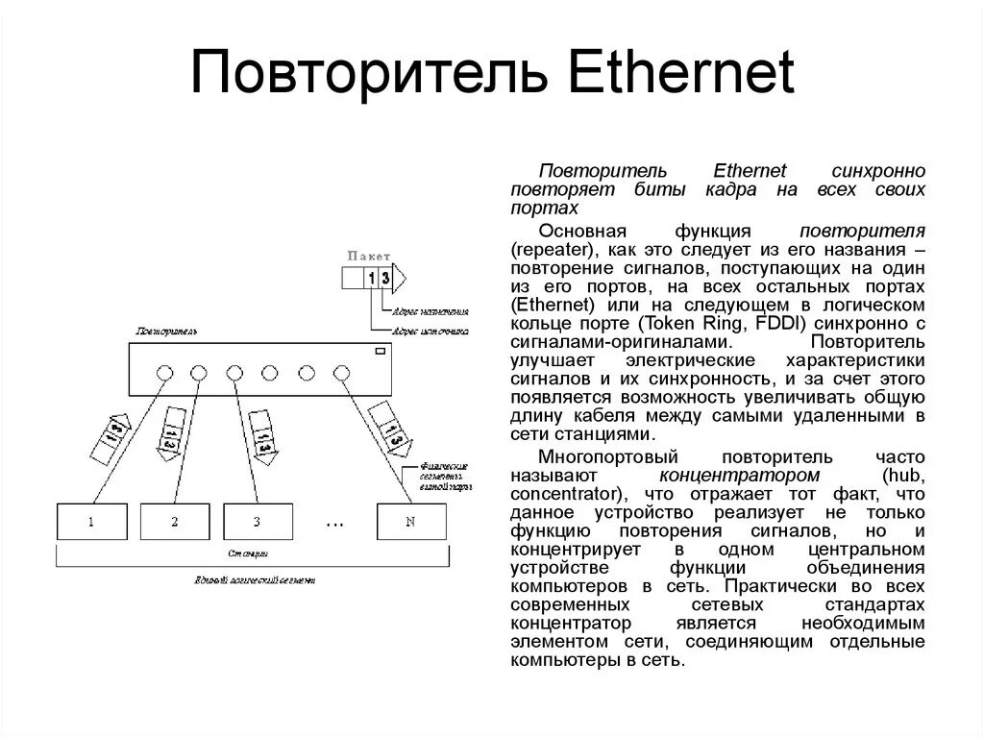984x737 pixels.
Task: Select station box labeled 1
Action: click(x=91, y=522)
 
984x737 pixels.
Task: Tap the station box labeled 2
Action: click(x=175, y=522)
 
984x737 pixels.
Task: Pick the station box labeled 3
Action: click(x=258, y=522)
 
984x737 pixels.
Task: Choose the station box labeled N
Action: click(x=410, y=522)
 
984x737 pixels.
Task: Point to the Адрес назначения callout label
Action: click(x=429, y=312)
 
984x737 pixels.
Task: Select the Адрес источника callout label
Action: click(x=429, y=330)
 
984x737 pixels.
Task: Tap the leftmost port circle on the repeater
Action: click(x=164, y=372)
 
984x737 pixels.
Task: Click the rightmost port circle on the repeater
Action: click(x=341, y=372)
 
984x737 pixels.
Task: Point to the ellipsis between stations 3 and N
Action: click(x=334, y=525)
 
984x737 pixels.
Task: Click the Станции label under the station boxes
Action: click(x=247, y=554)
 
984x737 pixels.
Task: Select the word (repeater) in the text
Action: click(x=553, y=247)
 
